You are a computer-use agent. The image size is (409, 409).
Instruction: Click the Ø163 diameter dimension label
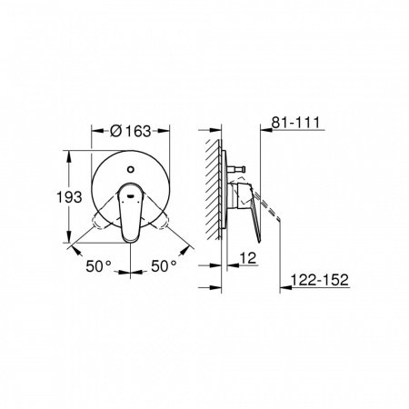[130, 131]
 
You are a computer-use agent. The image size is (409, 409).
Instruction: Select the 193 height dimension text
[69, 197]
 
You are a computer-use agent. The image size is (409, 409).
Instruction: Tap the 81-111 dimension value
[295, 123]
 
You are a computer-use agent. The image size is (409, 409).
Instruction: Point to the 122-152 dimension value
[319, 280]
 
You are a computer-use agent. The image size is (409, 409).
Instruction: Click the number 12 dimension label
[248, 258]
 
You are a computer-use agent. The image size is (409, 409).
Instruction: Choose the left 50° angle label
[98, 266]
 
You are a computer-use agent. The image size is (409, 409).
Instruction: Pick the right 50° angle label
[164, 266]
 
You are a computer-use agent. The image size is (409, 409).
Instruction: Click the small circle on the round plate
[131, 169]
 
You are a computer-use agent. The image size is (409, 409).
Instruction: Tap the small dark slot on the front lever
[131, 195]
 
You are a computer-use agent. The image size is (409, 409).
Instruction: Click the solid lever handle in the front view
[130, 213]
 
